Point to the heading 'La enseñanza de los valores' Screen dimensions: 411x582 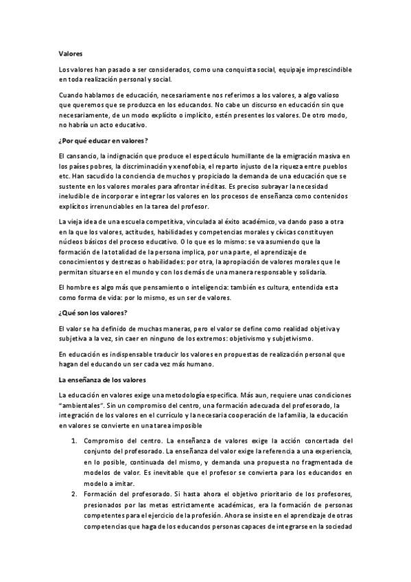coord(102,379)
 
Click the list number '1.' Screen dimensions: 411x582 coord(75,440)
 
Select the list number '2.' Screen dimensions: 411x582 coord(75,493)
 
